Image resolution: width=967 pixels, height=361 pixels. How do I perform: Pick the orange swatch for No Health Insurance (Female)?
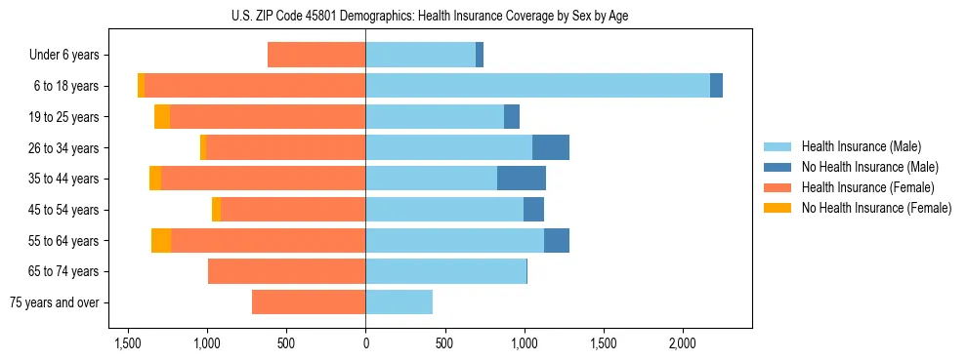tap(778, 208)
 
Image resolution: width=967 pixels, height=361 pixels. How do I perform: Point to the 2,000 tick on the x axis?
tap(682, 343)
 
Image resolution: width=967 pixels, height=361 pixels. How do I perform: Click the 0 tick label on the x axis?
tap(365, 343)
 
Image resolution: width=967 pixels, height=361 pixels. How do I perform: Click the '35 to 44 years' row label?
tap(63, 179)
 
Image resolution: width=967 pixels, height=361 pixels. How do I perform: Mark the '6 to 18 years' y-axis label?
tap(65, 86)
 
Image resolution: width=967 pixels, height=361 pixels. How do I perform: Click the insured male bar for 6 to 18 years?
tap(537, 86)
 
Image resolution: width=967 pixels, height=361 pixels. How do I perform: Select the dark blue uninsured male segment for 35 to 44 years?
tap(522, 179)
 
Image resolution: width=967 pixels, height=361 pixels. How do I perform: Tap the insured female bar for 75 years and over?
tap(309, 302)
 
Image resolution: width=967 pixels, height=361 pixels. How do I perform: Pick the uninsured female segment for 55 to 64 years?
tap(161, 240)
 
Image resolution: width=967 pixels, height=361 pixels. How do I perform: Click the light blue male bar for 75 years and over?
tap(399, 302)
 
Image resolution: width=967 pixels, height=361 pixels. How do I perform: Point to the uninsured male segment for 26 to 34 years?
tap(551, 147)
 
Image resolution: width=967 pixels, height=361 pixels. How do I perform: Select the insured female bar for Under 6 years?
tap(316, 56)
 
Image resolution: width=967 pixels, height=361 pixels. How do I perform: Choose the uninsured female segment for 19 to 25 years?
tap(162, 117)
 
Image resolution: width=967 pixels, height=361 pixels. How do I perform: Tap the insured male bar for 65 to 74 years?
tap(445, 271)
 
